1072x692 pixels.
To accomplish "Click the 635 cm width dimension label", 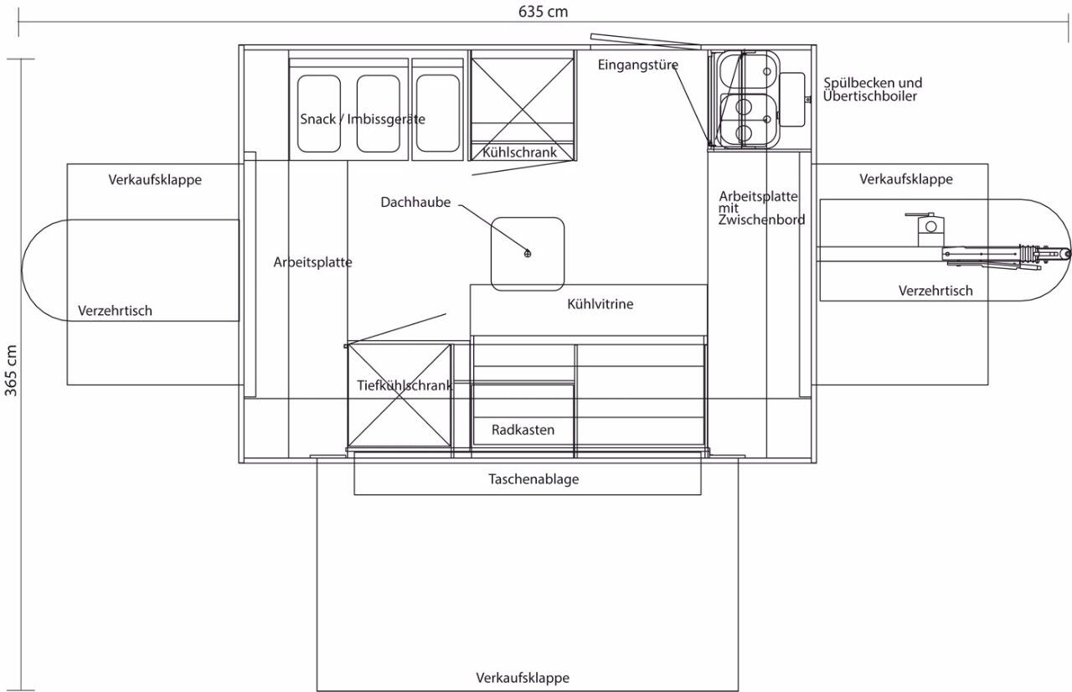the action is [x=544, y=12].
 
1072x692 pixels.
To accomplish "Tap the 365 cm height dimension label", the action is [x=11, y=371].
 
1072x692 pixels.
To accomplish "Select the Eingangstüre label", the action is [x=638, y=65].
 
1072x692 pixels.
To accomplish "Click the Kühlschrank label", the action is [x=519, y=152].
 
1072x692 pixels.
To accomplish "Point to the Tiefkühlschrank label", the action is [x=405, y=385].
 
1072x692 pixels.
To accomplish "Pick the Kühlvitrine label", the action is [x=600, y=304].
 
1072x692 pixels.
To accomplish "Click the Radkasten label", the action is [x=523, y=430].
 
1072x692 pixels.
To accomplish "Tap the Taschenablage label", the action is [x=533, y=479].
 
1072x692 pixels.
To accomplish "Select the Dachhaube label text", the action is [x=415, y=203].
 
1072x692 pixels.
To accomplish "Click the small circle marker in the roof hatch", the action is [x=528, y=254].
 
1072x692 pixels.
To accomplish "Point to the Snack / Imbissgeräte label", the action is [x=363, y=119].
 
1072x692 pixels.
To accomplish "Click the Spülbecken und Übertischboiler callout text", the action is [x=873, y=90].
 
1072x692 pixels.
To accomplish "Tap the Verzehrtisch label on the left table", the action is [x=115, y=311].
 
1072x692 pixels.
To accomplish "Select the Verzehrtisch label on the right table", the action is [x=935, y=291].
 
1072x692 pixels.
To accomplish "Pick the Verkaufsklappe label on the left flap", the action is [x=155, y=180].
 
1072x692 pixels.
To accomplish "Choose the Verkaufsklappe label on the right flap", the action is [x=905, y=179].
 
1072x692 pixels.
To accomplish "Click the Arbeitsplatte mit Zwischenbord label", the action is [x=761, y=208].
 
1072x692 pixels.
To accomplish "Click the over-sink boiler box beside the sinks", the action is [x=792, y=100].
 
